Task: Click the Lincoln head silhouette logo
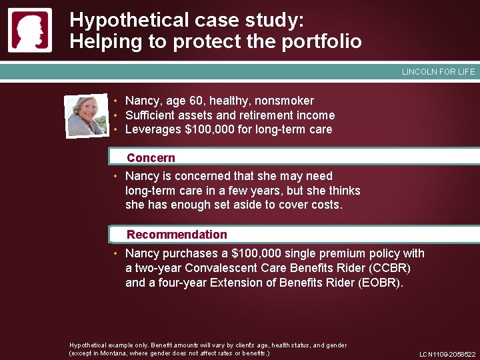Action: (x=29, y=30)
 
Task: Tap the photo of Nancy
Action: (x=87, y=115)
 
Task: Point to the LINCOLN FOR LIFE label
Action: (x=438, y=72)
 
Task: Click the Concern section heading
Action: (x=151, y=158)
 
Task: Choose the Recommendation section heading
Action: (x=177, y=235)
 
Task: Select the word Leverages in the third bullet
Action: (x=153, y=129)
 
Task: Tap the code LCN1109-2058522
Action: (x=447, y=355)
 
